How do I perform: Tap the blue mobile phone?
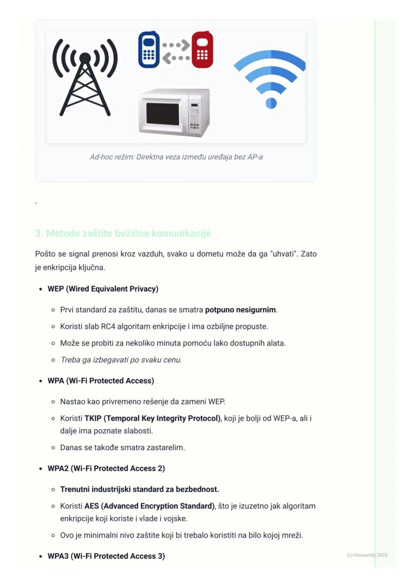tap(148, 50)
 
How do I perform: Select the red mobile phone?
tap(202, 50)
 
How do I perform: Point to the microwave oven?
tap(173, 113)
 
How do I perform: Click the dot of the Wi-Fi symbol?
tap(270, 103)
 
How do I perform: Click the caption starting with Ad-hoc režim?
tap(176, 157)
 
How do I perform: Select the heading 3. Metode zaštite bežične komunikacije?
tap(123, 233)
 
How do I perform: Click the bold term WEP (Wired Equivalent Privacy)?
tap(103, 289)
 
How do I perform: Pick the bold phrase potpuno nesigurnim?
tap(240, 310)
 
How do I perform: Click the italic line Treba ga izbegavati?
tap(121, 360)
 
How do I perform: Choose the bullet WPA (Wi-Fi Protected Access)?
tap(100, 381)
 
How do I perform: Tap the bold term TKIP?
tap(92, 418)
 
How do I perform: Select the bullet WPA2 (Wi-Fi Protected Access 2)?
tap(106, 468)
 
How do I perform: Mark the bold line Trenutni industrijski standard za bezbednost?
tap(139, 489)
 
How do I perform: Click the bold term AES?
tap(91, 506)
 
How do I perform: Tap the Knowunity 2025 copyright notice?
tap(367, 555)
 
